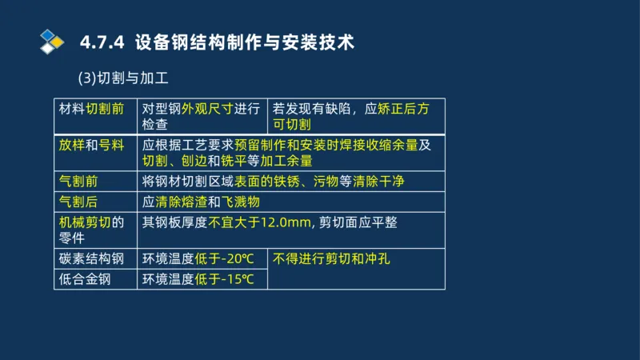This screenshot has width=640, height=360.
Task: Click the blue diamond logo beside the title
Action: [52, 40]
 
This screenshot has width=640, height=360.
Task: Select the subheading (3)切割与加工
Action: [122, 78]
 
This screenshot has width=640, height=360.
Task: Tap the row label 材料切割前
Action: [91, 108]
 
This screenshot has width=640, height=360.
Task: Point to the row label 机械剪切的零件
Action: [91, 229]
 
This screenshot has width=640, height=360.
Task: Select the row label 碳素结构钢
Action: [91, 258]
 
